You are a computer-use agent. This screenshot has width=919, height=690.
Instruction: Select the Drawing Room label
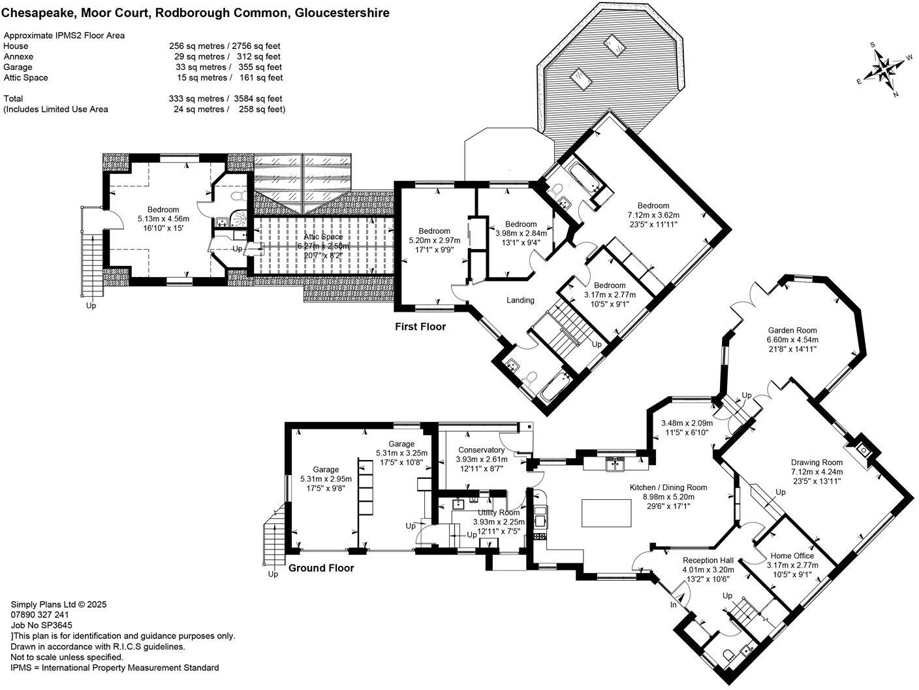[x=817, y=463]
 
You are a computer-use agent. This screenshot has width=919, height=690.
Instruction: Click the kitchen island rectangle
[x=606, y=513]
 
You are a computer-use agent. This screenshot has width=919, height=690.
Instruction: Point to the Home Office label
[x=792, y=555]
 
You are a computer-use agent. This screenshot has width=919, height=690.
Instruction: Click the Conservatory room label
[x=481, y=450]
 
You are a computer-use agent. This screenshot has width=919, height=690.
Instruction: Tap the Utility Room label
[x=499, y=512]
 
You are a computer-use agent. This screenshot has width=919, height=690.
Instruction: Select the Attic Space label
[x=323, y=237]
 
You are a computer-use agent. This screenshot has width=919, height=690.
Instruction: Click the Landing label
[x=520, y=300]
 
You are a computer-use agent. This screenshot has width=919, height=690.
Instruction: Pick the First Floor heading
[x=420, y=327]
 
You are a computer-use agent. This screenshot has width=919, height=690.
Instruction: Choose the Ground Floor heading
[x=321, y=568]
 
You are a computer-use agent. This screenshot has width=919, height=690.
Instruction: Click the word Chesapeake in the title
[x=38, y=13]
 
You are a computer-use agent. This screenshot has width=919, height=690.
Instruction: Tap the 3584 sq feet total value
[x=258, y=99]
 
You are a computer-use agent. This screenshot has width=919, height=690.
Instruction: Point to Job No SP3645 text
[x=42, y=625]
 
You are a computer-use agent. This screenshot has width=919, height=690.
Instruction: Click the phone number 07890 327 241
[x=40, y=615]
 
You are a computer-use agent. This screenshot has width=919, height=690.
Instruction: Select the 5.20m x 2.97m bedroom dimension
[x=435, y=240]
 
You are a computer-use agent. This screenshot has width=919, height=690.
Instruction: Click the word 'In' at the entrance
[x=673, y=605]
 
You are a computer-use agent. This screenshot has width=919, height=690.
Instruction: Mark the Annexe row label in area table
[x=18, y=57]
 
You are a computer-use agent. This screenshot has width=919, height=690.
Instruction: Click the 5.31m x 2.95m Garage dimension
[x=326, y=479]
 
